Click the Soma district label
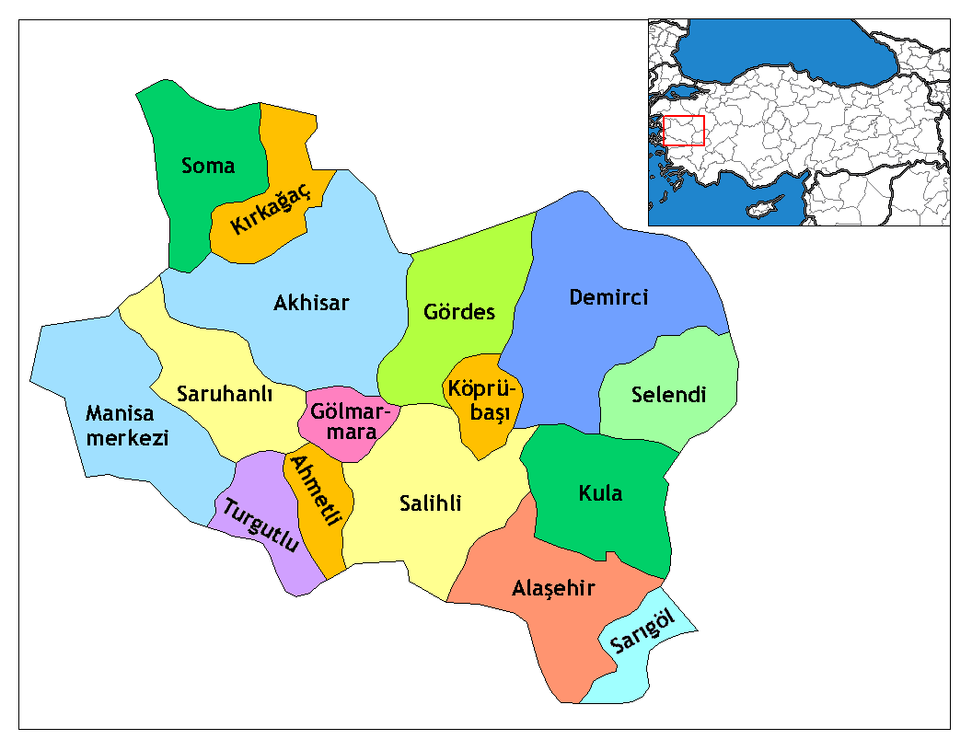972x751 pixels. (208, 167)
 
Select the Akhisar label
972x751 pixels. (311, 303)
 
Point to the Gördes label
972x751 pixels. (459, 312)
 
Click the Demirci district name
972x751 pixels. (608, 297)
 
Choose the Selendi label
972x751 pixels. (668, 395)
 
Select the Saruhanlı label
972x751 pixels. (226, 394)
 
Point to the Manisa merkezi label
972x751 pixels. (128, 425)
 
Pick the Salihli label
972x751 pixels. (431, 503)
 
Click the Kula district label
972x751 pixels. (600, 493)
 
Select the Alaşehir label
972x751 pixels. (553, 588)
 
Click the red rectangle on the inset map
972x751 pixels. (683, 131)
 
